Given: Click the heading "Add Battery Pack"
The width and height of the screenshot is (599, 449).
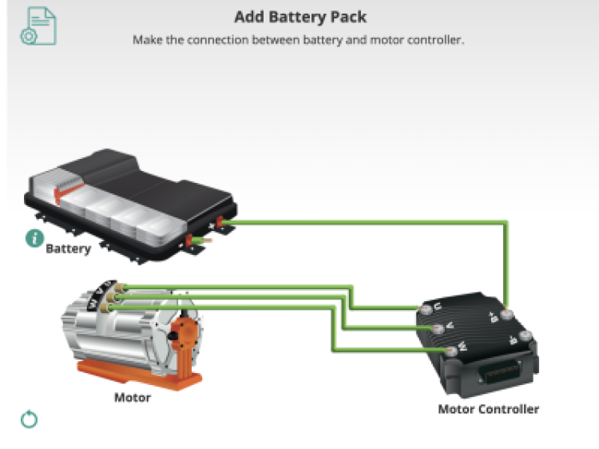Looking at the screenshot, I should (x=299, y=17).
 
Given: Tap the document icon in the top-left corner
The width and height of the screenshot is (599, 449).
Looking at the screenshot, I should (x=38, y=25).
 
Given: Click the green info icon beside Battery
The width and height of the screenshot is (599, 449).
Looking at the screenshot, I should (x=34, y=238).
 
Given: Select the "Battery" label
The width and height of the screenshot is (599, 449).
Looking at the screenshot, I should (x=68, y=248).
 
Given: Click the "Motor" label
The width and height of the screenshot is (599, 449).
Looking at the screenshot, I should (x=133, y=397).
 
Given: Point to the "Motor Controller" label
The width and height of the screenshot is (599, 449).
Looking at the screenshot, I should (x=488, y=409).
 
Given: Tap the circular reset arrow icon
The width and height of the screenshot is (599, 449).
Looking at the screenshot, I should (x=30, y=419).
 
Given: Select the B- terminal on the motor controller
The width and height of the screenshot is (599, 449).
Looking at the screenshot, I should (x=525, y=337).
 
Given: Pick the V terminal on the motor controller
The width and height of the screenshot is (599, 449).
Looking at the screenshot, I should (x=438, y=328).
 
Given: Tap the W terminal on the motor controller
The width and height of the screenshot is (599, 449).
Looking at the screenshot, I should (x=451, y=350).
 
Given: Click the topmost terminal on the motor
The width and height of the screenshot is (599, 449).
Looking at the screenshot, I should (x=118, y=288).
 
